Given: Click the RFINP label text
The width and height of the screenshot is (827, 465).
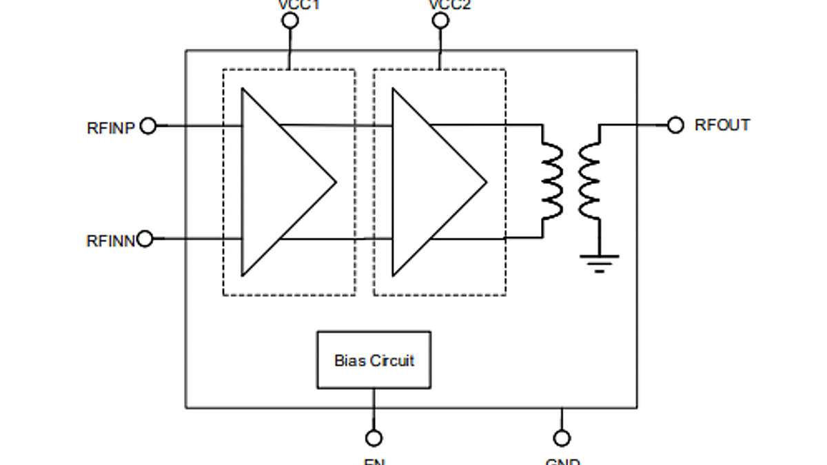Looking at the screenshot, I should click(110, 127).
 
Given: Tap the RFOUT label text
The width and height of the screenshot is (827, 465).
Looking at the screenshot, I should click(722, 125).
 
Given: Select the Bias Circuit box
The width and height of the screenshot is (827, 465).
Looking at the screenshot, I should click(374, 360).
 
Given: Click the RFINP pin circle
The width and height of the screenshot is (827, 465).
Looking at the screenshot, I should click(147, 126).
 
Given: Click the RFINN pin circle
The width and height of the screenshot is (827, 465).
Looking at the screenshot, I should click(145, 239).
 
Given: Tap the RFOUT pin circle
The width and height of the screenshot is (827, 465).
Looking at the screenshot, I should click(675, 125).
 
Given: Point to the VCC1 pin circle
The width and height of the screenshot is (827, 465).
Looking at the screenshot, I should click(290, 21).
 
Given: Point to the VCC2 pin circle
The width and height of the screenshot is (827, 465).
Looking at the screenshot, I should click(440, 21).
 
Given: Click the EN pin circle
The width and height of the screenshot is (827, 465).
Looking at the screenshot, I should click(374, 438).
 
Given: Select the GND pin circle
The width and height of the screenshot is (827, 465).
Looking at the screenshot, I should click(562, 438).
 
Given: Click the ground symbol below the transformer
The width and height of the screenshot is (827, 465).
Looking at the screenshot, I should click(599, 262).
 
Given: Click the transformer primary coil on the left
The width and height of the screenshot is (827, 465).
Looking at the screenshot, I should click(551, 182).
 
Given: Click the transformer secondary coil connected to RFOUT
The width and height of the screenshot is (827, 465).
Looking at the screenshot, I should click(590, 182).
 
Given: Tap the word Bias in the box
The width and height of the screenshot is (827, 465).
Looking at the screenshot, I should click(349, 360).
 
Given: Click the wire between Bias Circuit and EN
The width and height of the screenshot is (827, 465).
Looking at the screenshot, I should click(374, 409).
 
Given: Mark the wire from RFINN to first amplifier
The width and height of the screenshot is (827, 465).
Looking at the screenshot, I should click(196, 239).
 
